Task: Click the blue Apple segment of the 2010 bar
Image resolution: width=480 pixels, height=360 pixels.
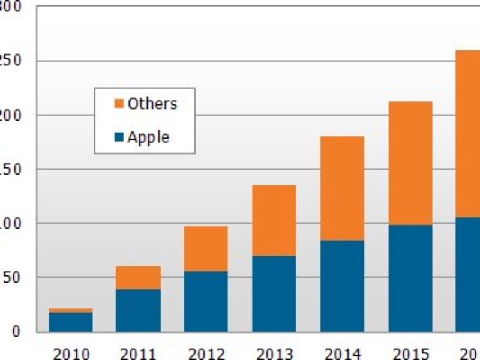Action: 70,322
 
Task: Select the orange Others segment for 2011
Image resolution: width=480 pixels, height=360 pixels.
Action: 138,278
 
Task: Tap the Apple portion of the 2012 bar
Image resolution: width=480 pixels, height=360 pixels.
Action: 206,301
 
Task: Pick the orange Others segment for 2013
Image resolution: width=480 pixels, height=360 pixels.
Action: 274,220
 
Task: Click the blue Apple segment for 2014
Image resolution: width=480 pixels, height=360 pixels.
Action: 342,286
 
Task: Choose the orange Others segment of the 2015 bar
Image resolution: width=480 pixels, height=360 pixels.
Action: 410,163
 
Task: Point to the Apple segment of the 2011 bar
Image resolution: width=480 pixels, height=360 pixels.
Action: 138,310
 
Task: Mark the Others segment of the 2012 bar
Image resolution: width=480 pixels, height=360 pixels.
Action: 206,248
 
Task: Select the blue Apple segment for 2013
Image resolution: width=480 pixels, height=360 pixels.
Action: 274,293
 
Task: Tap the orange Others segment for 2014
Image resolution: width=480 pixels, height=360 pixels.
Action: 342,188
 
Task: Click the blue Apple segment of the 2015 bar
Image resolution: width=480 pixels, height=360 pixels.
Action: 410,278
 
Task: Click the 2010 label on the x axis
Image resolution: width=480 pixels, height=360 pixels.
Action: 70,353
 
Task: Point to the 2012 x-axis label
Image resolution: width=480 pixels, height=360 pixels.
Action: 206,353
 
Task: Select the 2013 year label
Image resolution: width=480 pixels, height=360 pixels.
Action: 274,353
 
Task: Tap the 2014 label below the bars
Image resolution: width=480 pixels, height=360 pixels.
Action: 342,353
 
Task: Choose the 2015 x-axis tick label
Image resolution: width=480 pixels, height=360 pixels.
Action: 410,353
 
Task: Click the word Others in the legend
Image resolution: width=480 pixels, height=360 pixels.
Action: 152,104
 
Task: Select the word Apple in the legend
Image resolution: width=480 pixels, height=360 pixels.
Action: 148,137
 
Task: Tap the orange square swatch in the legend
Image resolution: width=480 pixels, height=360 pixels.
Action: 118,104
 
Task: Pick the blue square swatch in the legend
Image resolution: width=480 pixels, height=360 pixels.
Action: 118,137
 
